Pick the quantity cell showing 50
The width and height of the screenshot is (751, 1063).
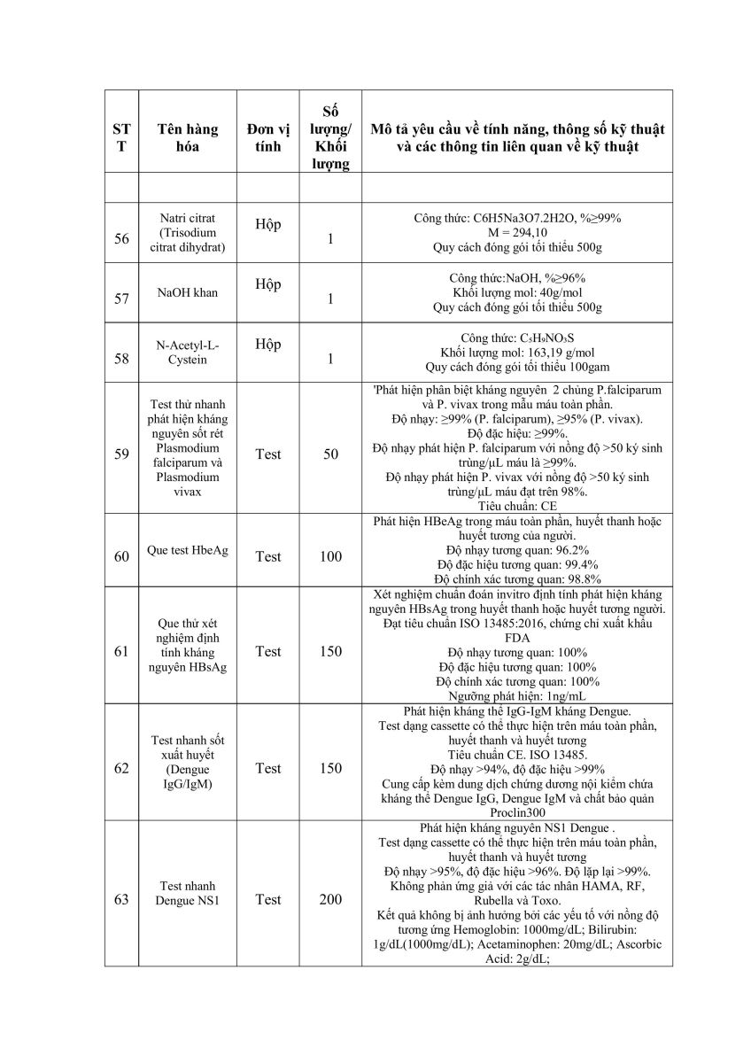point(330,454)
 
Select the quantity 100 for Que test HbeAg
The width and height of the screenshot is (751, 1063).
point(330,556)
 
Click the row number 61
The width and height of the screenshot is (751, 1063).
point(121,651)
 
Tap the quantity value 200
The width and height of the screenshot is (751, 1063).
point(330,899)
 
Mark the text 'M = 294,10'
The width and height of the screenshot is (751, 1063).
point(517,232)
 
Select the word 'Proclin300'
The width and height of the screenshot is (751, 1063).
point(517,811)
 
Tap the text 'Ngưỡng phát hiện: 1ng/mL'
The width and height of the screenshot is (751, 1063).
point(517,696)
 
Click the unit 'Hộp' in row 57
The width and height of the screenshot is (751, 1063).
point(267,284)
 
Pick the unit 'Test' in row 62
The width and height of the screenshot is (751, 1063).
point(267,768)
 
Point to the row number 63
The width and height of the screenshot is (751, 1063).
point(121,899)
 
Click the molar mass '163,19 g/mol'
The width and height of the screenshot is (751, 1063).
point(544,352)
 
